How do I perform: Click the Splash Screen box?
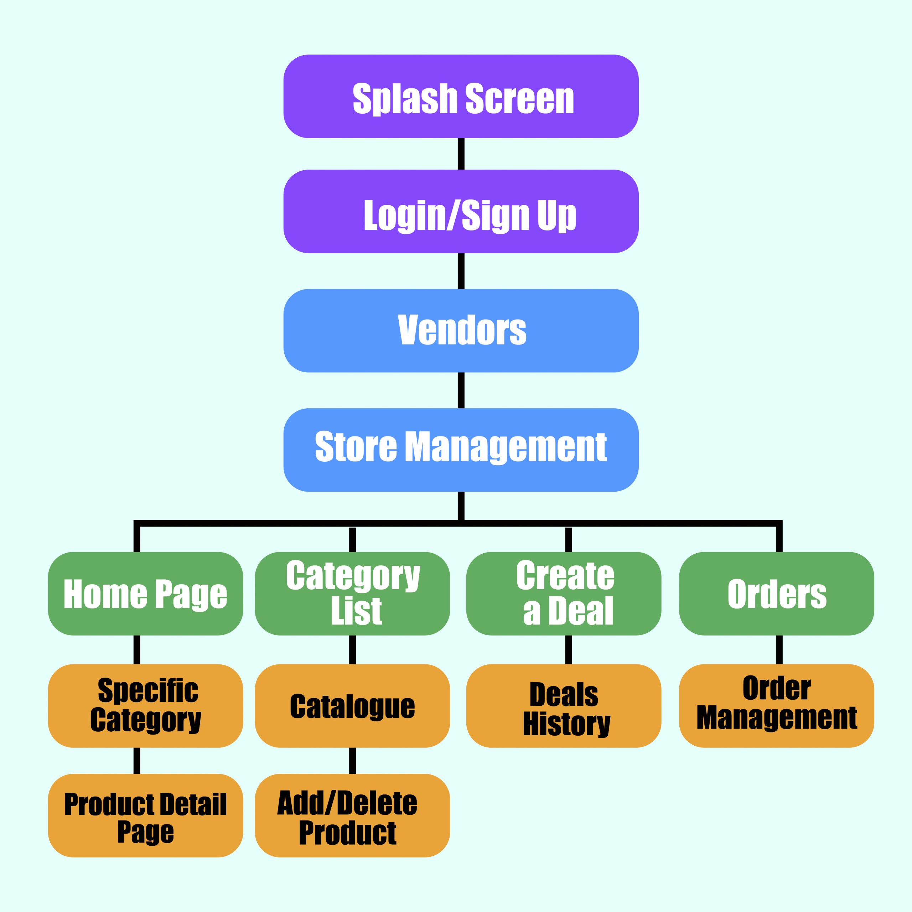(461, 96)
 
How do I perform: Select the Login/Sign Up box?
(461, 212)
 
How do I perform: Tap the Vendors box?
(461, 331)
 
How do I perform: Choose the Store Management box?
(461, 450)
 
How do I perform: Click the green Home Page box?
(145, 594)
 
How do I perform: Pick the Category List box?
(352, 594)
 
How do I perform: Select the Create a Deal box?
(564, 594)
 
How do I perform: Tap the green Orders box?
(777, 594)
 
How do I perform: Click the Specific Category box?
(145, 706)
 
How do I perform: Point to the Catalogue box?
(352, 706)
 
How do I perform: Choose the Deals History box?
(564, 706)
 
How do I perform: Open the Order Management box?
(777, 706)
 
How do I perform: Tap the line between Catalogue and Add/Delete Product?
(352, 761)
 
